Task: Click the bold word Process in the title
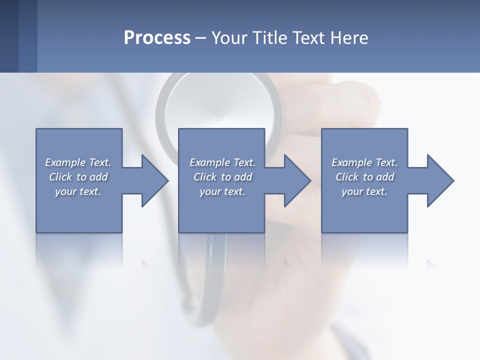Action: pyautogui.click(x=157, y=37)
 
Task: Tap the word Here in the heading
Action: pyautogui.click(x=349, y=37)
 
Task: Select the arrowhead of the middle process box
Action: pyautogui.click(x=296, y=180)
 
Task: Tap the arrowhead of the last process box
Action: pyautogui.click(x=439, y=180)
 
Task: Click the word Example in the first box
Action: pyautogui.click(x=65, y=162)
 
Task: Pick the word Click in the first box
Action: pyautogui.click(x=60, y=177)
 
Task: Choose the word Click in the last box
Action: pyautogui.click(x=347, y=177)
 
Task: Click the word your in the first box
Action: pyautogui.click(x=65, y=191)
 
